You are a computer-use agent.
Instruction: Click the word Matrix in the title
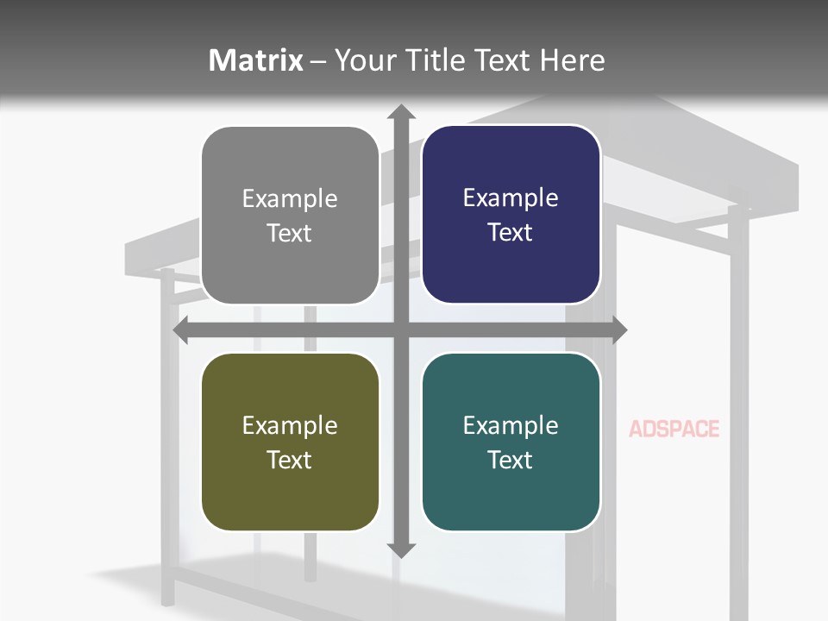coord(256,60)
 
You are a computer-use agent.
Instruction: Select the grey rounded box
coord(290,216)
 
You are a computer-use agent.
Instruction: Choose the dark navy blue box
coord(511,215)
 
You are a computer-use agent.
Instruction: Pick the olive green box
coord(290,442)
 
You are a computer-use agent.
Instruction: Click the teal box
coord(511,442)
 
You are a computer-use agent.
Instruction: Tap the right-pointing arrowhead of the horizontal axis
coord(618,329)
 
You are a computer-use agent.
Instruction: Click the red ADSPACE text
coord(674,429)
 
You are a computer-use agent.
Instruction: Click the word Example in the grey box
coord(290,199)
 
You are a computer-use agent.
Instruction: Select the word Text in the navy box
coord(511,232)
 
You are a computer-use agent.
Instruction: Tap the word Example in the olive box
coord(290,425)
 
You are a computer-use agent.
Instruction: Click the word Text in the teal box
coord(511,460)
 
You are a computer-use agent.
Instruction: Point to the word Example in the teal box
coord(511,425)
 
